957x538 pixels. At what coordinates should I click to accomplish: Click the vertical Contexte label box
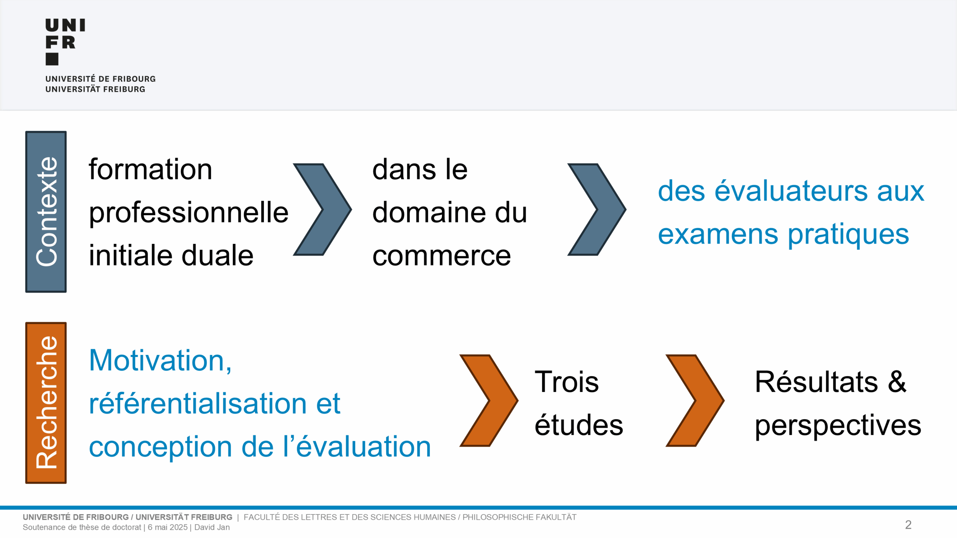tap(46, 211)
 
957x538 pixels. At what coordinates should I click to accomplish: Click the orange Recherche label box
tap(46, 403)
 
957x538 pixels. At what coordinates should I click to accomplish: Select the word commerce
tap(441, 256)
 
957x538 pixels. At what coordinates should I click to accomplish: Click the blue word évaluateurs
tap(791, 191)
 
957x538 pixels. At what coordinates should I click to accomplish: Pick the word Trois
tap(567, 382)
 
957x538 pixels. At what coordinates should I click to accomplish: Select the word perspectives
tap(838, 426)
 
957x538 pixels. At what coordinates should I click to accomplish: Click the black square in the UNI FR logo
tap(52, 59)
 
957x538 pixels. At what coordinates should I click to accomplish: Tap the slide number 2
tap(908, 525)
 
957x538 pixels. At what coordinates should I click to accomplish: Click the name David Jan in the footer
tap(212, 527)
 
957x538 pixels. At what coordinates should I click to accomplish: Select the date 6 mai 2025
tap(167, 527)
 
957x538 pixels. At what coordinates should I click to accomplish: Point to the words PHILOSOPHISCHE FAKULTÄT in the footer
tap(520, 517)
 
